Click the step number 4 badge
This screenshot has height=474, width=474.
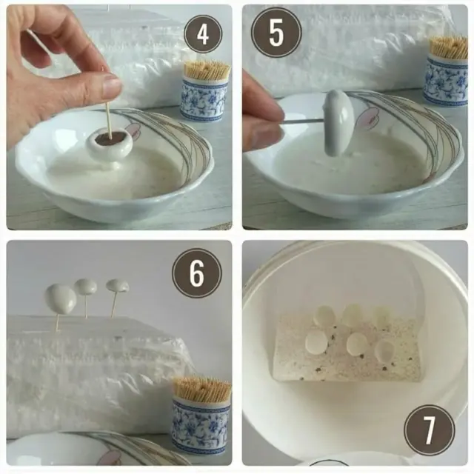click(203, 35)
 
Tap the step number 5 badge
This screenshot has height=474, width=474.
click(276, 33)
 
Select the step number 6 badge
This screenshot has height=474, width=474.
click(197, 273)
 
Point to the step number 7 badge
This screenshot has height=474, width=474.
click(430, 430)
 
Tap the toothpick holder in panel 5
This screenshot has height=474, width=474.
click(445, 71)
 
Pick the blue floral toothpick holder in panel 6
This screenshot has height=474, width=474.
click(201, 418)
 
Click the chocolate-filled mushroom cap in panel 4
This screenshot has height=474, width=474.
click(110, 144)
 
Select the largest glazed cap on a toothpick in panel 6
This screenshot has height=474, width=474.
click(61, 298)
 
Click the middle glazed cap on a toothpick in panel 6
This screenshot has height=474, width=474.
click(86, 287)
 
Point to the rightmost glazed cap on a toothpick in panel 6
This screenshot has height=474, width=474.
click(118, 285)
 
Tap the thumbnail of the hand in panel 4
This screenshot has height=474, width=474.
click(112, 86)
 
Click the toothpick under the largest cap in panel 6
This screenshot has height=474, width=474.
click(57, 322)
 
